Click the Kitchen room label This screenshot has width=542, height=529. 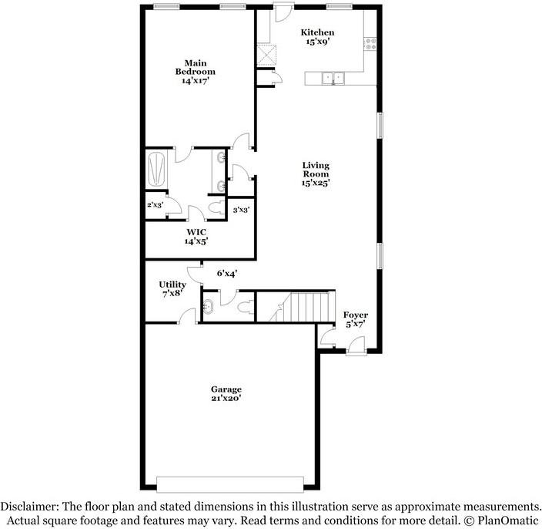point(317,32)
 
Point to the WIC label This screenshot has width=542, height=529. point(196,231)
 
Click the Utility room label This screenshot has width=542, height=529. point(172,285)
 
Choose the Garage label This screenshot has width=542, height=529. point(226,389)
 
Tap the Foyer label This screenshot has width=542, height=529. point(356,315)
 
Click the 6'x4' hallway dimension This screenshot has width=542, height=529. point(226,273)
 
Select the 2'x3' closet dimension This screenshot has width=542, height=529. point(155,205)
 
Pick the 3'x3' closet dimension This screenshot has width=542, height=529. point(241,209)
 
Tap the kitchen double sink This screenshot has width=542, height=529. point(333,77)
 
